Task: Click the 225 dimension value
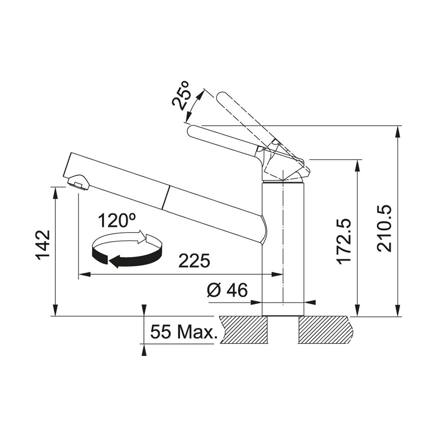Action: (194, 261)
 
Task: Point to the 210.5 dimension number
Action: (384, 229)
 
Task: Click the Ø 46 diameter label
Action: (227, 290)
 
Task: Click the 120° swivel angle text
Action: (117, 221)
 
